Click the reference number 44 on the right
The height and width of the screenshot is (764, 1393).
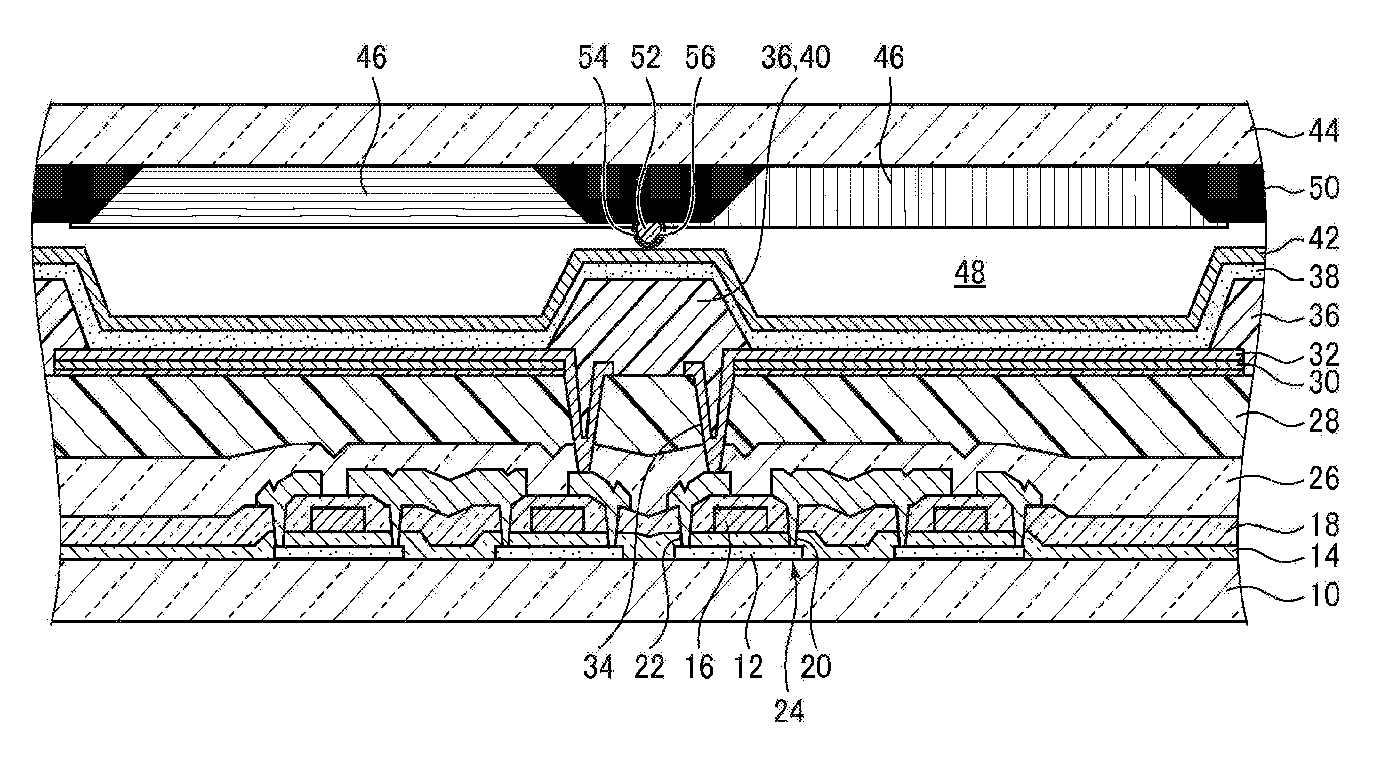tap(1323, 132)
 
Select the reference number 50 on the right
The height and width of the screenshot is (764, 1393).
tap(1323, 188)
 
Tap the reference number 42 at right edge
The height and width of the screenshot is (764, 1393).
tap(1323, 238)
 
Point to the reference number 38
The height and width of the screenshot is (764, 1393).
tap(1323, 277)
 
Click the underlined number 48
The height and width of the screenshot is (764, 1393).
tap(970, 273)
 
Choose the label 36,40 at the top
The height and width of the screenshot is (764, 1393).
tap(795, 58)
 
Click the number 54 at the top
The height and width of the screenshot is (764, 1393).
tap(593, 58)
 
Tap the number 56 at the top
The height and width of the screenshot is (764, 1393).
tap(699, 58)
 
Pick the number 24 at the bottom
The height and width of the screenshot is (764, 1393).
tap(789, 712)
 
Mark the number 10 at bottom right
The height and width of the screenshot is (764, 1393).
tap(1323, 595)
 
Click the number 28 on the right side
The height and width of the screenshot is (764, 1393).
tap(1323, 421)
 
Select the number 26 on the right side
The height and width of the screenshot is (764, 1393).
tap(1323, 479)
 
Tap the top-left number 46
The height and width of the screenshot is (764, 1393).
tap(372, 58)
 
